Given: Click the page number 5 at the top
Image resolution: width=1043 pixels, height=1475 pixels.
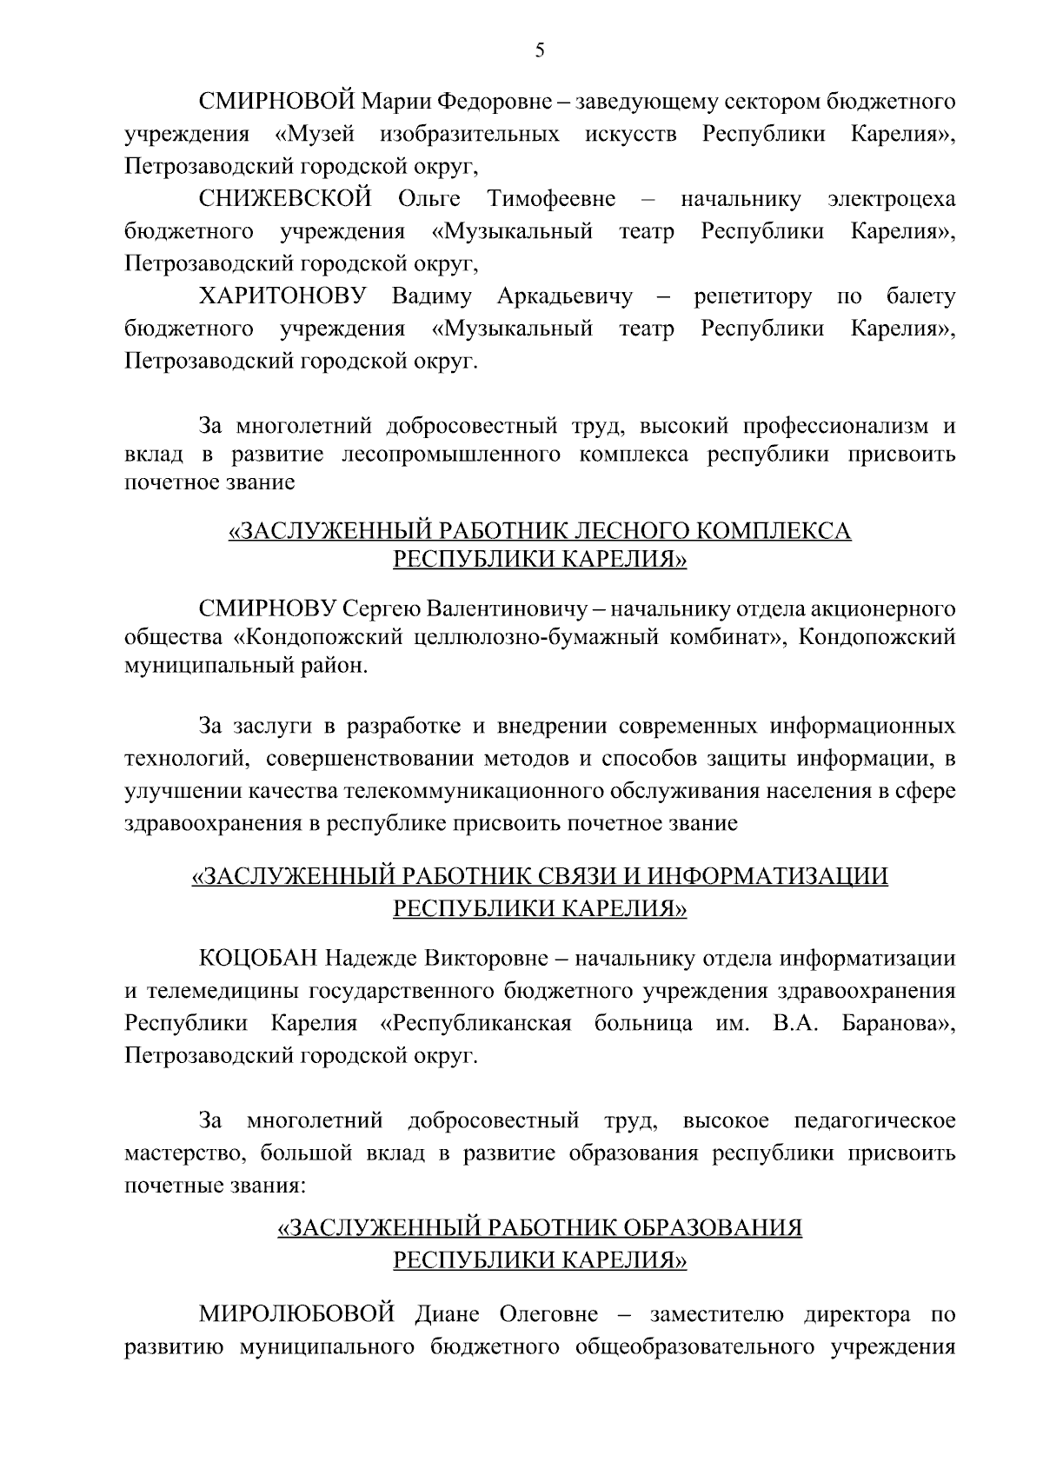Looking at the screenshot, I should click(540, 50).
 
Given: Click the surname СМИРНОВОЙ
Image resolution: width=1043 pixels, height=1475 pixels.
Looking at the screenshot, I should click(276, 102).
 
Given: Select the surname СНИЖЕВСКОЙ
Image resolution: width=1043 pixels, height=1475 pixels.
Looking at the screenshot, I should click(285, 199).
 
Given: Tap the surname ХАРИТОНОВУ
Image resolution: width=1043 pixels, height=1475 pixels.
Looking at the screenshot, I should click(283, 296).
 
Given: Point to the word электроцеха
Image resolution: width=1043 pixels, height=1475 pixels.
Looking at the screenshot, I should click(891, 199).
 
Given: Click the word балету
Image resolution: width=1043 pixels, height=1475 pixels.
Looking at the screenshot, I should click(920, 296).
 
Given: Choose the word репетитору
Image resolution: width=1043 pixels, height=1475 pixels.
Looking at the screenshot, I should click(753, 296).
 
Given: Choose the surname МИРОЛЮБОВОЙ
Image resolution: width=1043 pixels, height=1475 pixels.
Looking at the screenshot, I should click(297, 1313).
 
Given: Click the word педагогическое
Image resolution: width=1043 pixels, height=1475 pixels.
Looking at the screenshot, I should click(874, 1120).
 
